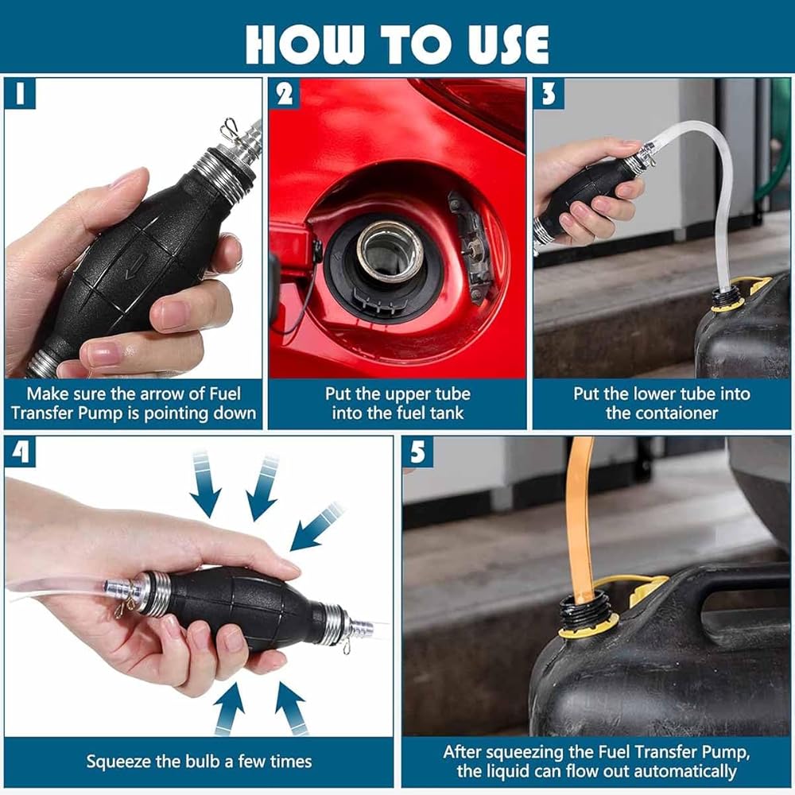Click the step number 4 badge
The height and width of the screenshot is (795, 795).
coord(21,452)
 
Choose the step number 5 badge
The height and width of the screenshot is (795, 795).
coord(418,452)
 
